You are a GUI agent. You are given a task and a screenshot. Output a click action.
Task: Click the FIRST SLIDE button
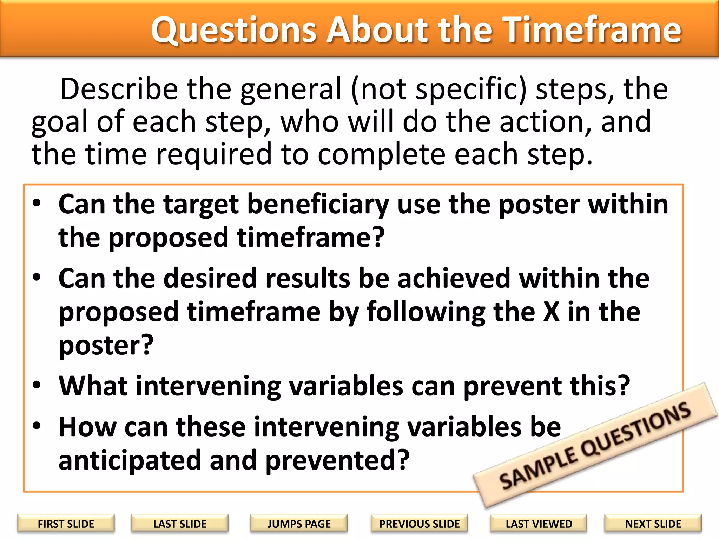tap(66, 524)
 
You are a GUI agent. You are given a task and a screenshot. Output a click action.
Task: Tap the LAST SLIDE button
tap(180, 524)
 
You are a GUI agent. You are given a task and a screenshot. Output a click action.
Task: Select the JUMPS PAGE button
tap(299, 524)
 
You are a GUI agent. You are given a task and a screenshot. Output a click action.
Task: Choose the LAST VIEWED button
tap(539, 524)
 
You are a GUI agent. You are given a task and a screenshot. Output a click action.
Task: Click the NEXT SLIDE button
tap(653, 524)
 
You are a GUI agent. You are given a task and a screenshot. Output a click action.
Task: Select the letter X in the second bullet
tap(551, 312)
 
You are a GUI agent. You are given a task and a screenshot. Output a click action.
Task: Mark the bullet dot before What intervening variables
tap(37, 385)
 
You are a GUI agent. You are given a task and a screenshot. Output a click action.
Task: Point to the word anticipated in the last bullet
tap(130, 461)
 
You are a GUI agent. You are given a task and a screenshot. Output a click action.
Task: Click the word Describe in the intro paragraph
tap(119, 89)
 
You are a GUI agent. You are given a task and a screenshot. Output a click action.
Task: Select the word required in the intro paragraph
tap(214, 155)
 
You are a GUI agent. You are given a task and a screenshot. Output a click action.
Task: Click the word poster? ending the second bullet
tap(106, 346)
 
